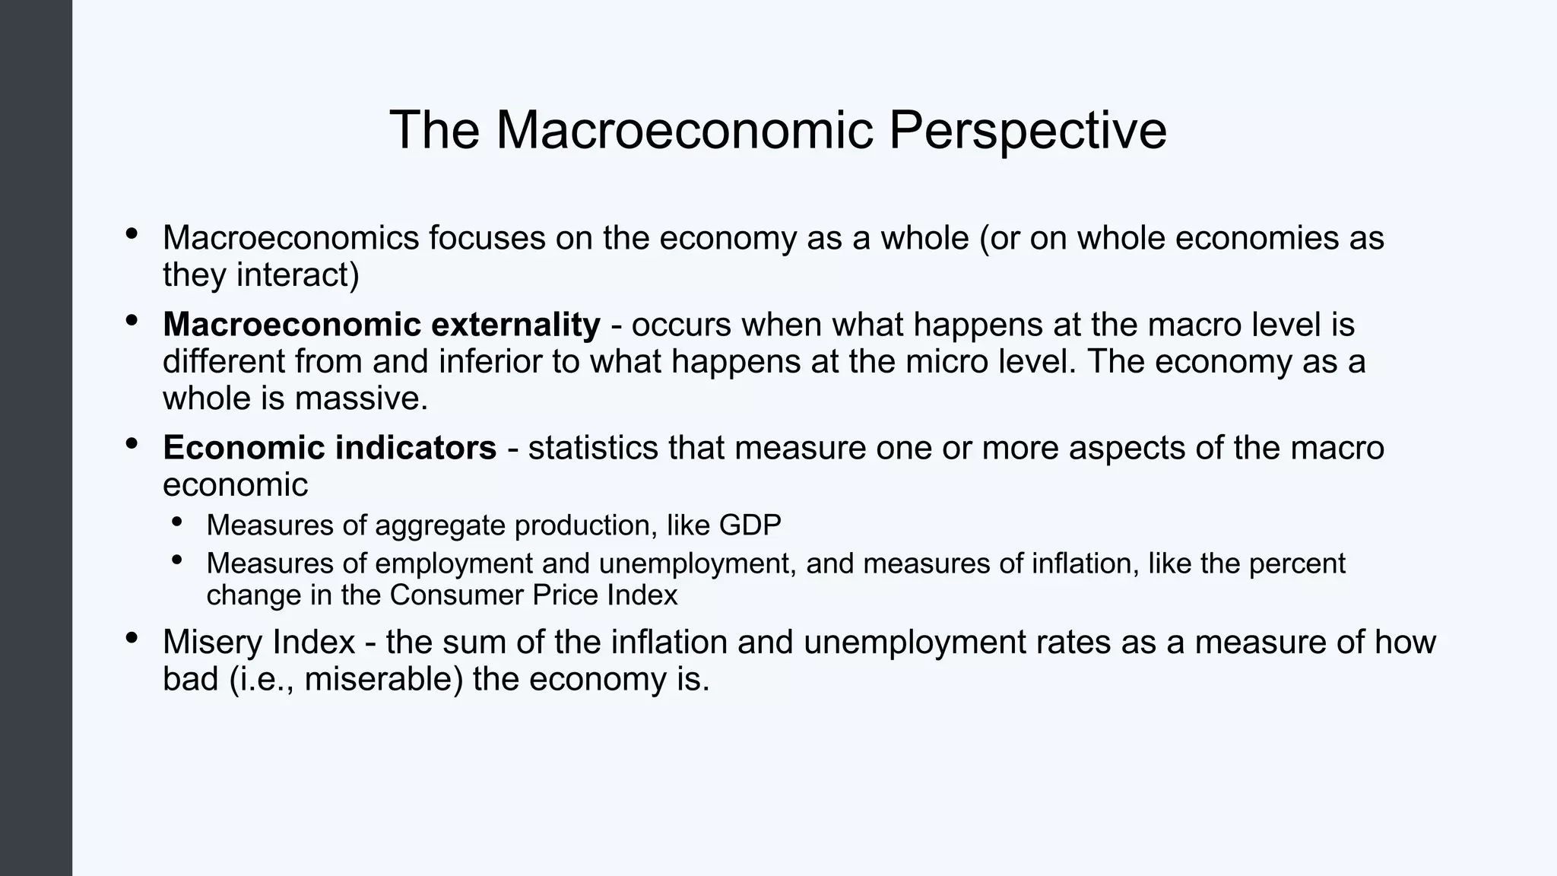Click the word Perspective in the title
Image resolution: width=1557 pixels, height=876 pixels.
[1027, 131]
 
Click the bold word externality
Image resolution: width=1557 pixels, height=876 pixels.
[515, 325]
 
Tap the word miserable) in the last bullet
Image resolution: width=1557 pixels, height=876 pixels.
[384, 679]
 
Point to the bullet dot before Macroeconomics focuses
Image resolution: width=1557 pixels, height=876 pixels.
[132, 233]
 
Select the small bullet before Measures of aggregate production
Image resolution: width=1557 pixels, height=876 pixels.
[177, 522]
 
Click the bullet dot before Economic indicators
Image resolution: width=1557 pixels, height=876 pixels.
[132, 443]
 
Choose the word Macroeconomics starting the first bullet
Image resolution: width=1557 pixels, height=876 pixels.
[290, 238]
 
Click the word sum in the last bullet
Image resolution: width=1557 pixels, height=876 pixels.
[474, 643]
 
